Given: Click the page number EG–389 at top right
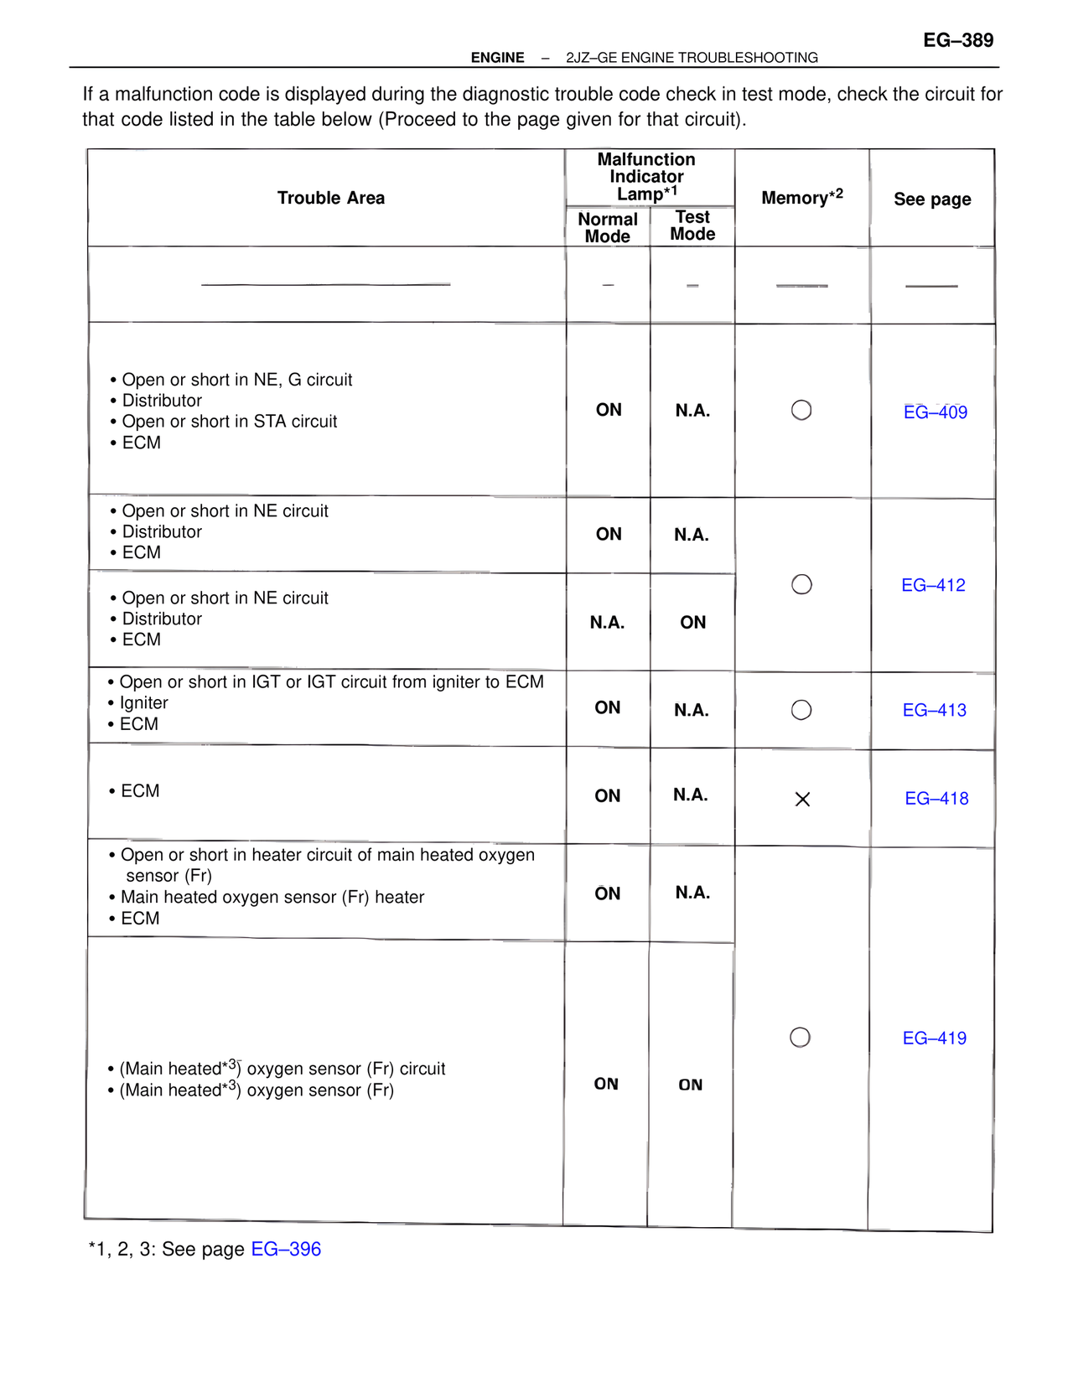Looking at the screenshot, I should tap(958, 40).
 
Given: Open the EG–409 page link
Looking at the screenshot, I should tap(935, 412).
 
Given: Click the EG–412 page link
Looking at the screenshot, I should tap(933, 585).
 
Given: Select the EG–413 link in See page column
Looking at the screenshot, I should tap(934, 710).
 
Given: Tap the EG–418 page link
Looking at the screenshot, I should tap(936, 799).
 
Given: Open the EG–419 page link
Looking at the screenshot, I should tap(934, 1038).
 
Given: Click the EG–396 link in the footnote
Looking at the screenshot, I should tap(286, 1249).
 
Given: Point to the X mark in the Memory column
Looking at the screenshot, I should tap(802, 800).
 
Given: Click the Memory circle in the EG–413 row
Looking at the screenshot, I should tap(801, 710).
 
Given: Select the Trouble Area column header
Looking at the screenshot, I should tap(331, 198).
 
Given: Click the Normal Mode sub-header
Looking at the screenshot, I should tap(608, 227).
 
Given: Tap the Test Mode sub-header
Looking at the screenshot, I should tap(692, 225).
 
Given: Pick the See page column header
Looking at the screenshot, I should tap(932, 199).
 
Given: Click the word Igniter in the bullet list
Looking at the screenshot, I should tap(143, 703).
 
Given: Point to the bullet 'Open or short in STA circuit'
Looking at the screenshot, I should tap(229, 422).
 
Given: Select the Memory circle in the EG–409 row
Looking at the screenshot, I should tap(801, 410).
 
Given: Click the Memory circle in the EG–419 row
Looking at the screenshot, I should tap(801, 1038).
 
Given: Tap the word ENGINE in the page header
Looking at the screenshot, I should tap(497, 58).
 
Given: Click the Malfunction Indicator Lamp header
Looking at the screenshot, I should tap(646, 176).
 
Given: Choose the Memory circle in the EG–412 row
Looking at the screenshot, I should tap(801, 584).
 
